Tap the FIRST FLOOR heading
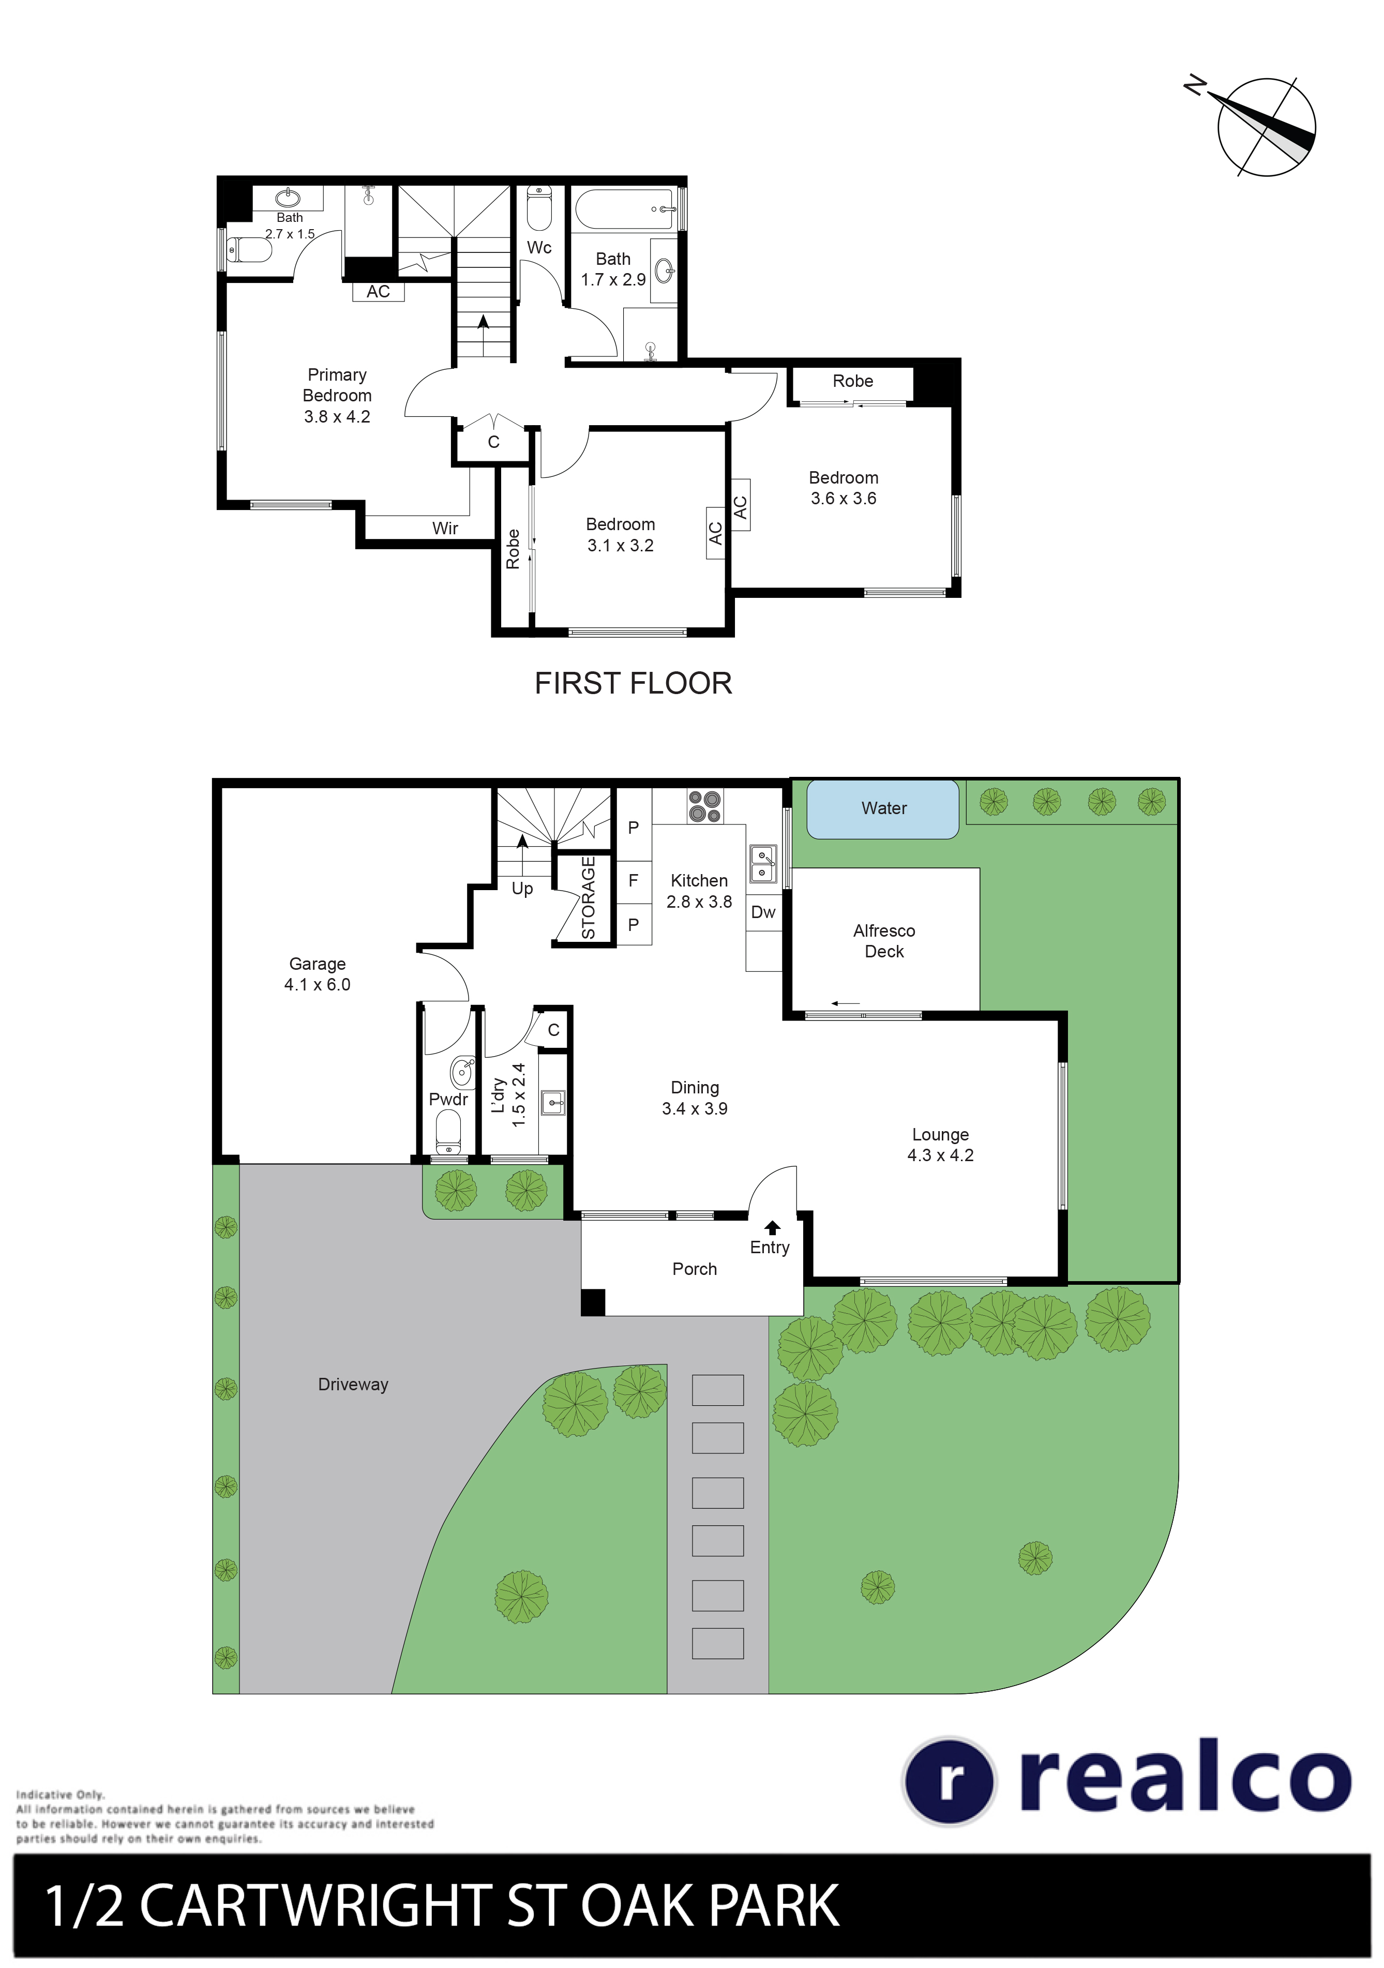[x=633, y=683]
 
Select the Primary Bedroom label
[x=337, y=395]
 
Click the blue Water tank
[x=883, y=808]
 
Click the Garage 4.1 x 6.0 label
[x=317, y=974]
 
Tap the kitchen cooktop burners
[x=704, y=806]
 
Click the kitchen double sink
[x=763, y=864]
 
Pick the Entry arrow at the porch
[x=772, y=1227]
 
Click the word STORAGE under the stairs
[x=589, y=897]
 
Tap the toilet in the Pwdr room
[x=448, y=1132]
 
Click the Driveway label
[x=353, y=1384]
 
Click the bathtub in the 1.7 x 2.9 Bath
[x=624, y=208]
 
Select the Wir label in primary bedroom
[x=445, y=528]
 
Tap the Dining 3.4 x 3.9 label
[x=694, y=1098]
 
